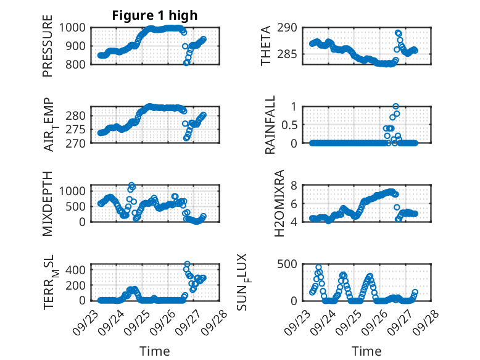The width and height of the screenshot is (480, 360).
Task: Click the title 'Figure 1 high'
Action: pyautogui.click(x=155, y=15)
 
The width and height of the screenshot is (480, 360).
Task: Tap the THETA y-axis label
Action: pyautogui.click(x=266, y=46)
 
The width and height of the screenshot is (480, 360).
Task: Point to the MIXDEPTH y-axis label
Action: pyautogui.click(x=48, y=203)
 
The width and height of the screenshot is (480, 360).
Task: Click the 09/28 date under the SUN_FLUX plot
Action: pyautogui.click(x=430, y=319)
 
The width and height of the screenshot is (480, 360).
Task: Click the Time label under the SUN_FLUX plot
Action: pyautogui.click(x=366, y=351)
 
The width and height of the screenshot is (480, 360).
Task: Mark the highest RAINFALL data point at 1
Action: pyautogui.click(x=395, y=106)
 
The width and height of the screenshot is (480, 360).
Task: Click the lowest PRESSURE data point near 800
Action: pyautogui.click(x=187, y=63)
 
